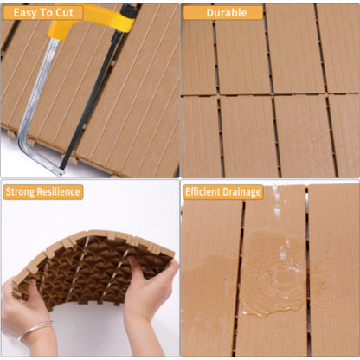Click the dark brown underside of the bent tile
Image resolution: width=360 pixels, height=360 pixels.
coord(91,268)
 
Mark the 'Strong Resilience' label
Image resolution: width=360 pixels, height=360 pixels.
coord(43,191)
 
